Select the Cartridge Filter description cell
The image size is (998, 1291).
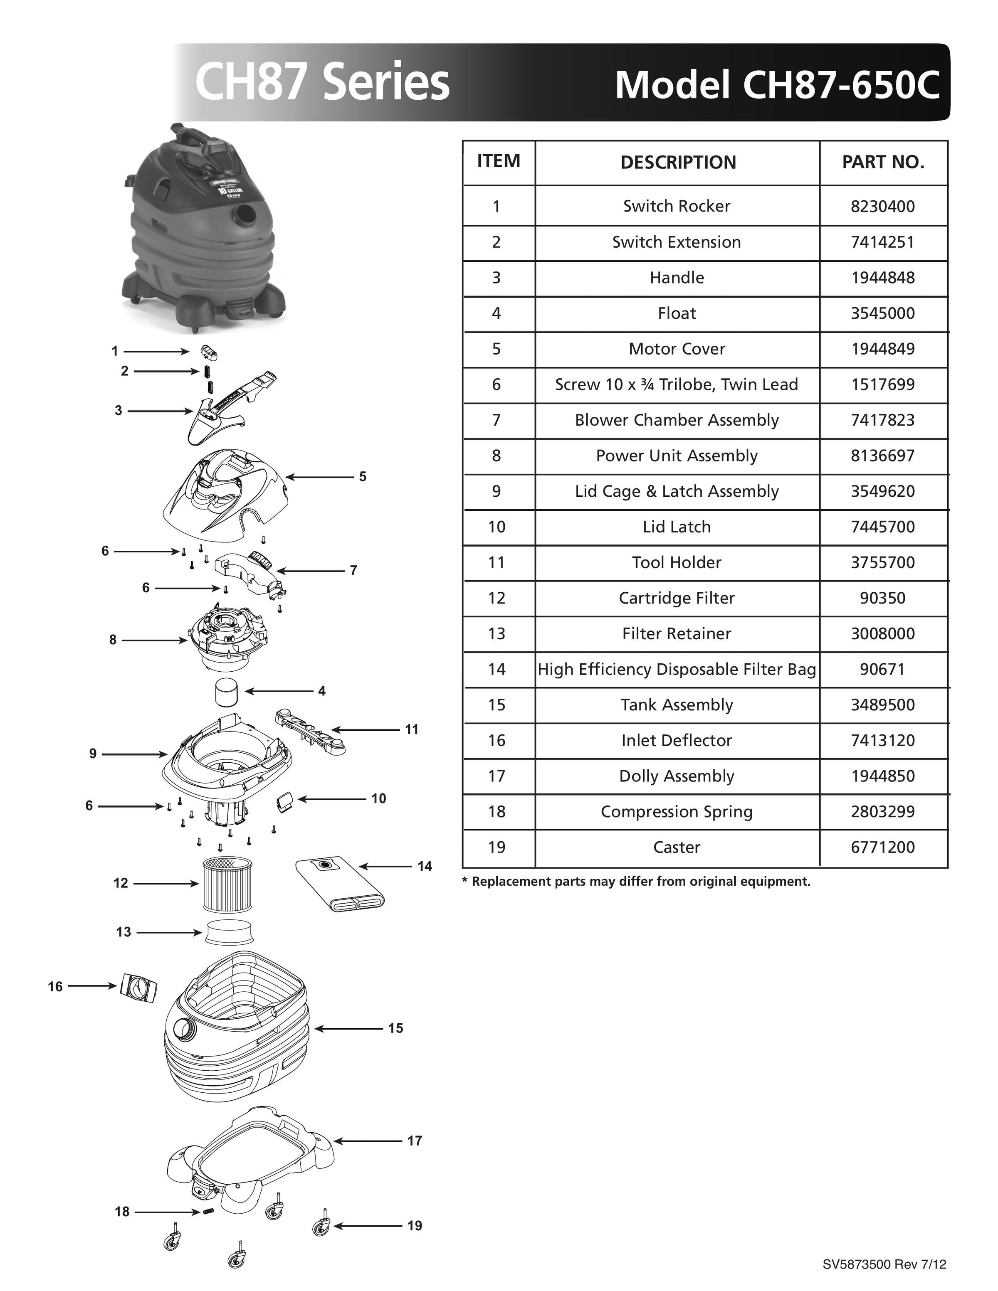677,598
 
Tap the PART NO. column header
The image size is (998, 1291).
883,162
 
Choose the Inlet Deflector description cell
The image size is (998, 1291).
677,740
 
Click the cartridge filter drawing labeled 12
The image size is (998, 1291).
227,885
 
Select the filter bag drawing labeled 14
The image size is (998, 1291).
340,884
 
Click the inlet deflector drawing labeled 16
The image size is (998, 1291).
139,987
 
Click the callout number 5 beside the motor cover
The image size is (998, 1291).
363,476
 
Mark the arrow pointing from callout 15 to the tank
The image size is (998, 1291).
349,1029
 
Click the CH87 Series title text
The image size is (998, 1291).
322,83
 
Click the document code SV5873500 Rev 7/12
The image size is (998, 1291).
884,1264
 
